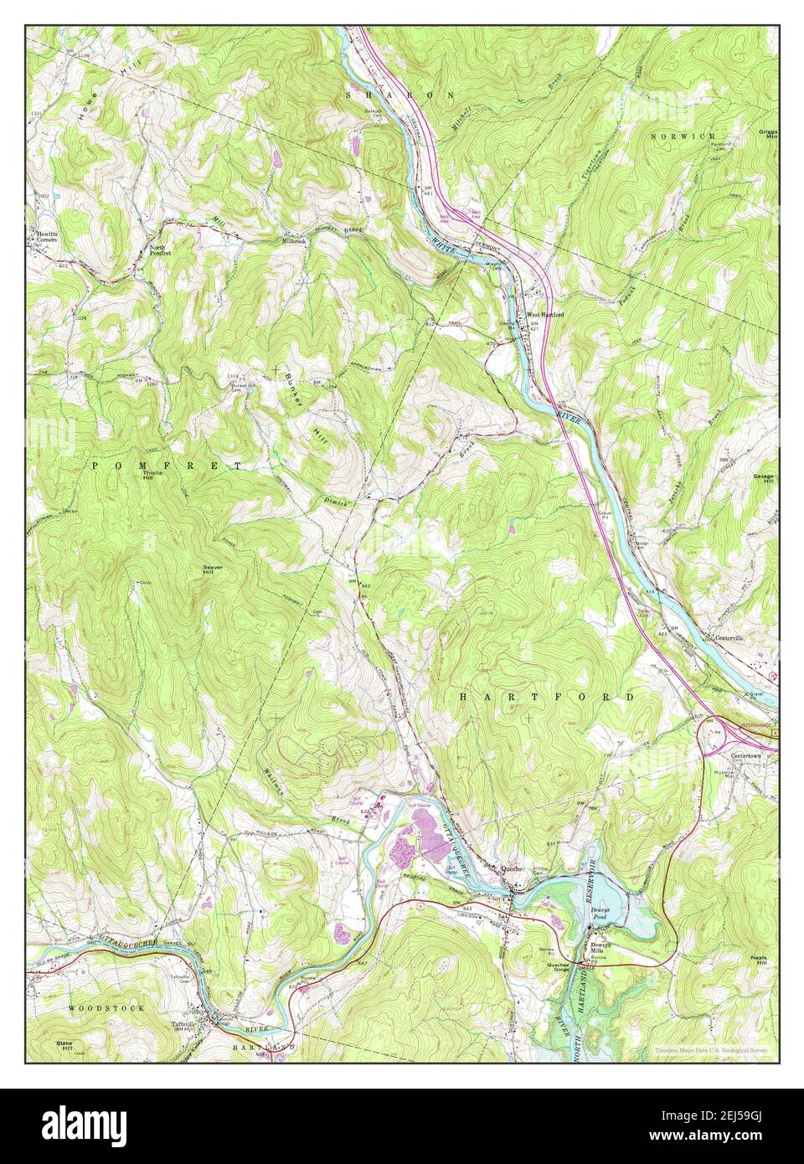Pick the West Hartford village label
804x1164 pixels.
[545, 315]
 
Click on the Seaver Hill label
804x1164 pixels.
[213, 569]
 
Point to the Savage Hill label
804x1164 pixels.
[764, 479]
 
